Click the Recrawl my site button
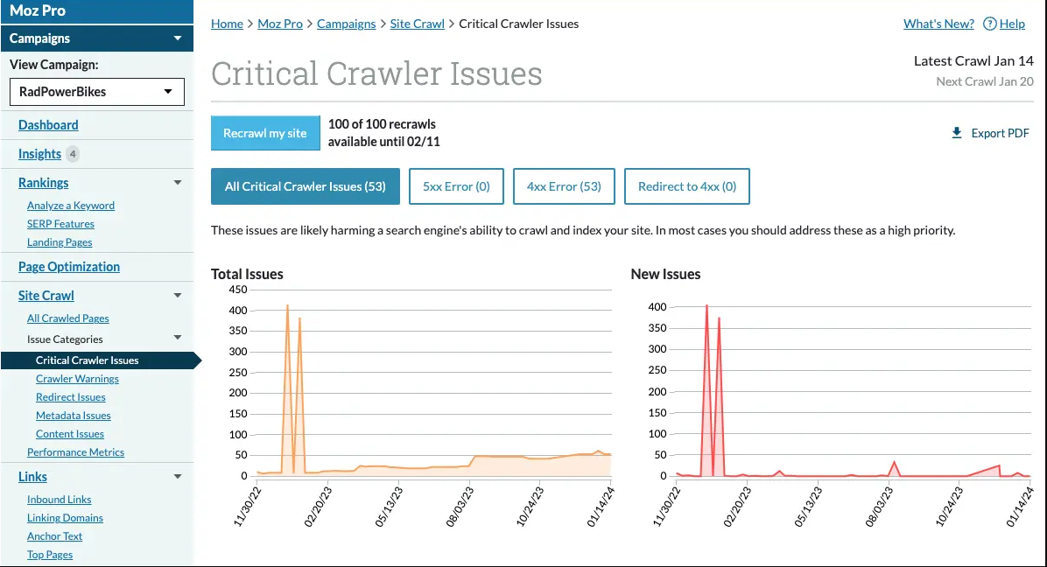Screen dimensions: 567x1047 coord(265,133)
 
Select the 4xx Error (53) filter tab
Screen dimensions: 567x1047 coord(564,186)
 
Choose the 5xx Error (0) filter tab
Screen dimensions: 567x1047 coord(456,186)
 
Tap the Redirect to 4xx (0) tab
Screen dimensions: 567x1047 coord(687,186)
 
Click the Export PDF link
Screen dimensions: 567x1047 coord(990,133)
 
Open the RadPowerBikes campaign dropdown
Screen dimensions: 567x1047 coord(97,92)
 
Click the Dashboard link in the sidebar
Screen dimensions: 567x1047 coord(48,125)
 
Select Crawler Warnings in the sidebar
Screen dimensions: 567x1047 coord(77,379)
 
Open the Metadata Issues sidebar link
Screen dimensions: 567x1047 coord(74,416)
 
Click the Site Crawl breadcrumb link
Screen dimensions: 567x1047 coord(417,24)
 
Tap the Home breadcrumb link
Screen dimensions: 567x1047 coord(227,24)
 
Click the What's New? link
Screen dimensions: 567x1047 coord(938,24)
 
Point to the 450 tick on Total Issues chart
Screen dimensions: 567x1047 coord(237,290)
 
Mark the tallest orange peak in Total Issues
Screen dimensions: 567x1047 coord(287,305)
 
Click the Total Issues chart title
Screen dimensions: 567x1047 coord(247,274)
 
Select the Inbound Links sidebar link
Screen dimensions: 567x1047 coord(60,500)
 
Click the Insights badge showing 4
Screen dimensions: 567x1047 coord(73,154)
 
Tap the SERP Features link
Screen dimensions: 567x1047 coord(60,224)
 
